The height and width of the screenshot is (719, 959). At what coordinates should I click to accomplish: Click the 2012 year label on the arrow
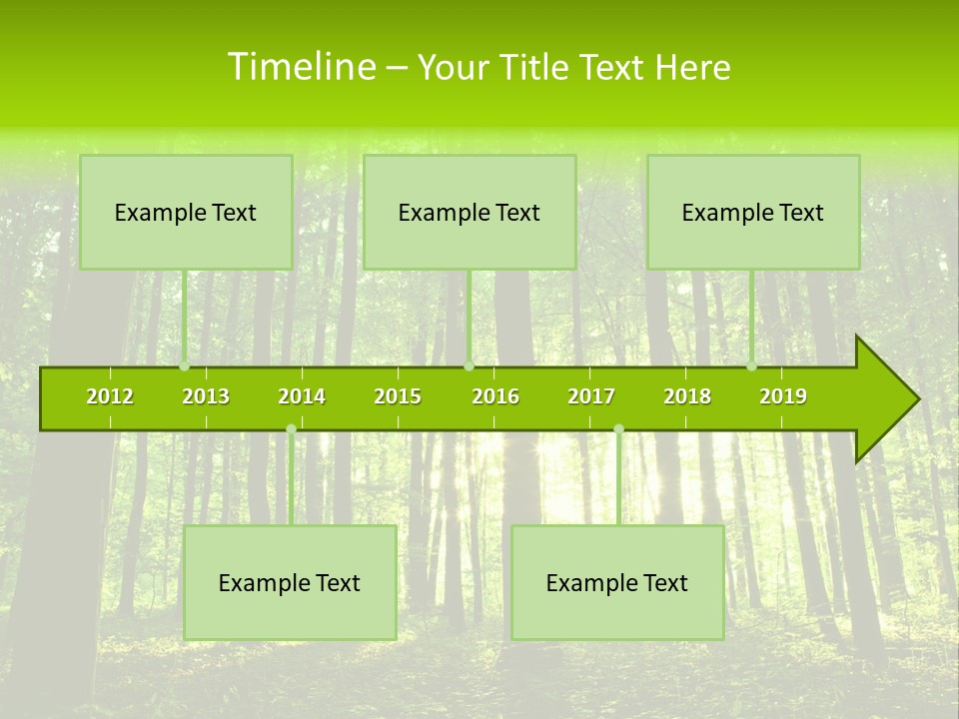[x=110, y=397]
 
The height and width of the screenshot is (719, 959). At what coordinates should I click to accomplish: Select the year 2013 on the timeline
[x=206, y=397]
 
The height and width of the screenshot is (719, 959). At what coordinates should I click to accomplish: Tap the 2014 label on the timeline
[x=302, y=397]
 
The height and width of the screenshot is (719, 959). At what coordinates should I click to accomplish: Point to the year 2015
[x=398, y=397]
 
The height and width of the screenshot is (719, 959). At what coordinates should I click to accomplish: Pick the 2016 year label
[x=495, y=397]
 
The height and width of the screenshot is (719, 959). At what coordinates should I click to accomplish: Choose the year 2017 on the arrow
[x=591, y=397]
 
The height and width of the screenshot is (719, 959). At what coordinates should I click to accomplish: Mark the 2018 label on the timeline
[x=687, y=397]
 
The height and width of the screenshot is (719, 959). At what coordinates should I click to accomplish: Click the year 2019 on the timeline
[x=783, y=397]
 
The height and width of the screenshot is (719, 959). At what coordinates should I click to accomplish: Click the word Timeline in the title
[x=301, y=67]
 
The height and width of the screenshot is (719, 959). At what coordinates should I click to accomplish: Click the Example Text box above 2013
[x=186, y=212]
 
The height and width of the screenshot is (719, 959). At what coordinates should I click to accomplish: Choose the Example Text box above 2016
[x=470, y=212]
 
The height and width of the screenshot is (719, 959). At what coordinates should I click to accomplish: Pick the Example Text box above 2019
[x=753, y=212]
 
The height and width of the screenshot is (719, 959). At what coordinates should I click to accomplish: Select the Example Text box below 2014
[x=290, y=582]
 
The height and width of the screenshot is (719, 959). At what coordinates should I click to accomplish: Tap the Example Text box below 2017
[x=617, y=582]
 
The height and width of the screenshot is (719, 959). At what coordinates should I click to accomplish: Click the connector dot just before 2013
[x=184, y=366]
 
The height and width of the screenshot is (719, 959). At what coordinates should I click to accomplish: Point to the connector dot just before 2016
[x=469, y=366]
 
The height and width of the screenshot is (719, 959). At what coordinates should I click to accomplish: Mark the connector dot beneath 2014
[x=291, y=429]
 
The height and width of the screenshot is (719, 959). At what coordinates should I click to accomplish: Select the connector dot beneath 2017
[x=618, y=429]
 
